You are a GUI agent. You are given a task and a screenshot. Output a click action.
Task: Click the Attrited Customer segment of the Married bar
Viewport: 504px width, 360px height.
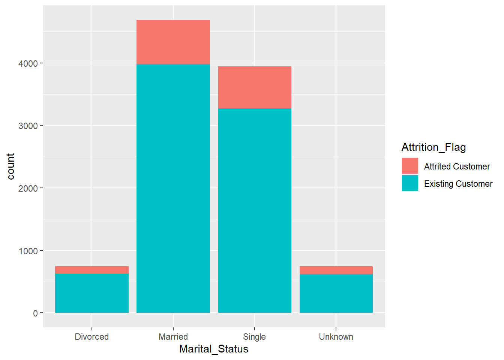[x=173, y=42]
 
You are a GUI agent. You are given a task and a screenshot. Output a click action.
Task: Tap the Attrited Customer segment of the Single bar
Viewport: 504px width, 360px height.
[x=255, y=87]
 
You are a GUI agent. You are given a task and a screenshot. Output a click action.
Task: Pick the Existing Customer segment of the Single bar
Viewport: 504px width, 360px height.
[x=255, y=210]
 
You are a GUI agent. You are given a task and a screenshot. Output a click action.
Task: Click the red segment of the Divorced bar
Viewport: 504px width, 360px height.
[x=92, y=270]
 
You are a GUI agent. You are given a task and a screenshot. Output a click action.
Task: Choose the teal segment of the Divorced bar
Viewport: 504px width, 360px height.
[x=92, y=293]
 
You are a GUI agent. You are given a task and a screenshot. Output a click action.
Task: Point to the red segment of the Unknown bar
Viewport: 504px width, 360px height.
[x=336, y=270]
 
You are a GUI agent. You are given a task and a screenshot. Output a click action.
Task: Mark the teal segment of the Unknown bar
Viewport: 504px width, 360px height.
[x=336, y=294]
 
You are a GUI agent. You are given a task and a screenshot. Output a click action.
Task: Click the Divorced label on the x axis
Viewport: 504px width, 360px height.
[x=92, y=337]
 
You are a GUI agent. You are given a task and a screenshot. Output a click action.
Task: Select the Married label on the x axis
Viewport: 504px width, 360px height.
[x=173, y=337]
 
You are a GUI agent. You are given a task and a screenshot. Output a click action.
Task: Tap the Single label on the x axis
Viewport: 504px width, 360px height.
[x=254, y=337]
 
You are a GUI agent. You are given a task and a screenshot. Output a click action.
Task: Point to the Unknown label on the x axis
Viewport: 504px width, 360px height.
[x=336, y=337]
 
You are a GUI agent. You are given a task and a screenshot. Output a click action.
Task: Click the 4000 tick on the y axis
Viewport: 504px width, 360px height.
[x=28, y=64]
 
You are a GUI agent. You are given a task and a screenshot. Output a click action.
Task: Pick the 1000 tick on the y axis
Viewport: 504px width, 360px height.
[x=28, y=251]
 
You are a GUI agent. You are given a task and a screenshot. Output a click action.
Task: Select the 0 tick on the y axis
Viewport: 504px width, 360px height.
[x=35, y=313]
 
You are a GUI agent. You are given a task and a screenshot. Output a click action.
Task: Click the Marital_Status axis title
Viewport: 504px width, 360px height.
[x=214, y=349]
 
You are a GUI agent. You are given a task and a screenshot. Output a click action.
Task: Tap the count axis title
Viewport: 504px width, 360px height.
[x=10, y=166]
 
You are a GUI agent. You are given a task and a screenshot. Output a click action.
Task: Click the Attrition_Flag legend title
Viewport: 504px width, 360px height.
[x=433, y=147]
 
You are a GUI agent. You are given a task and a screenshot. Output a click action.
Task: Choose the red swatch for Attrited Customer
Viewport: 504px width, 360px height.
[x=410, y=166]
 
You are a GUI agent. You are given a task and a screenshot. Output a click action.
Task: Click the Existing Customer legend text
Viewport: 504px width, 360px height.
[x=458, y=184]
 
